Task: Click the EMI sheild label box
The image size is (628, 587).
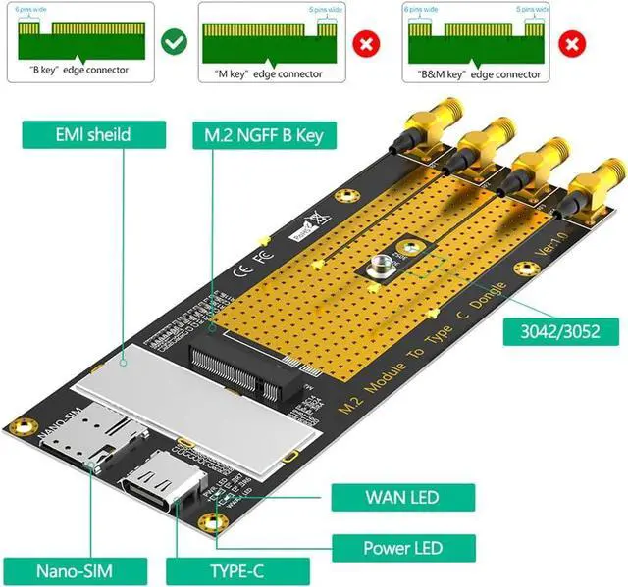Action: pyautogui.click(x=78, y=134)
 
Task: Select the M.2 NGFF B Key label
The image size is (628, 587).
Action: pyautogui.click(x=262, y=134)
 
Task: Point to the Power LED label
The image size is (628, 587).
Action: pyautogui.click(x=403, y=548)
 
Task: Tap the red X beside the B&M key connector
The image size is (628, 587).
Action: pyautogui.click(x=571, y=43)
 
